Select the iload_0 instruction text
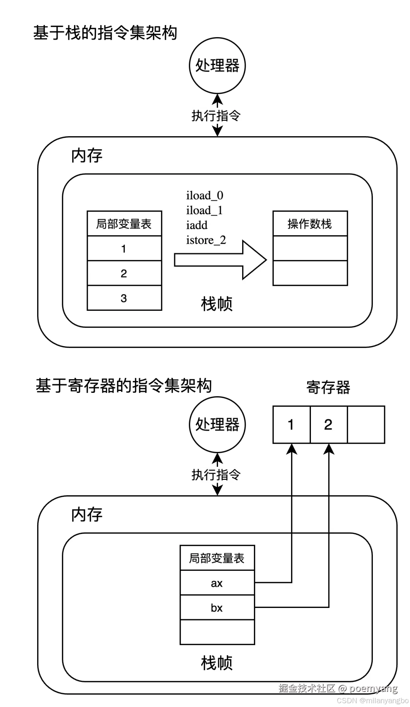coord(205,195)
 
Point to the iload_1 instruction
coord(204,210)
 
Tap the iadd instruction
coord(197,225)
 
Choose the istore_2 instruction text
coord(206,240)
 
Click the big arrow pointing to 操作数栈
coord(220,260)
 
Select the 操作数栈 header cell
coord(310,224)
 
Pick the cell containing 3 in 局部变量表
coord(124,298)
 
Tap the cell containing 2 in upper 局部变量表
coord(124,273)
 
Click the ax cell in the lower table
coord(217,583)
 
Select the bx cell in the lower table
coord(217,608)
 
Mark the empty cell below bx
coord(217,632)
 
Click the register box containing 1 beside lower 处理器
coord(292,424)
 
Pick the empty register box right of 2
coord(366,424)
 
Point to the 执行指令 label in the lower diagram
coord(216,475)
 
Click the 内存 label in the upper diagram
coord(87,156)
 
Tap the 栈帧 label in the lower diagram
coord(217,663)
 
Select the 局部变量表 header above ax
coord(217,558)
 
